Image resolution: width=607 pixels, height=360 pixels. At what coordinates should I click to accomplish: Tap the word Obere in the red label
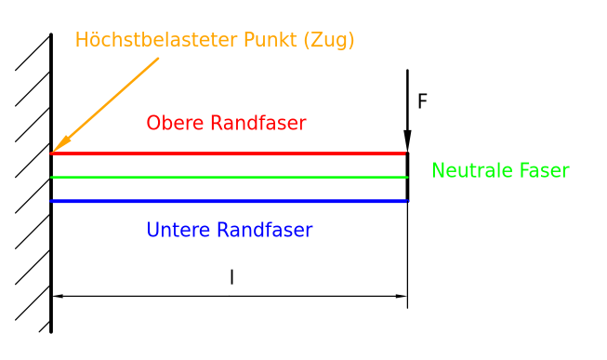click(x=176, y=123)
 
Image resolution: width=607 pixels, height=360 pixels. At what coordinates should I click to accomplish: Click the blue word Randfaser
click(x=265, y=229)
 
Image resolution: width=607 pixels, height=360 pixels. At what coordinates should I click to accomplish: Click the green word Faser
click(x=543, y=170)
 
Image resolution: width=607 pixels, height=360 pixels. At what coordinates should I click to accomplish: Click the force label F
click(x=422, y=101)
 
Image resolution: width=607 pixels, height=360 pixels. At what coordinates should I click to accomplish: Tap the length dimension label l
click(x=231, y=277)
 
